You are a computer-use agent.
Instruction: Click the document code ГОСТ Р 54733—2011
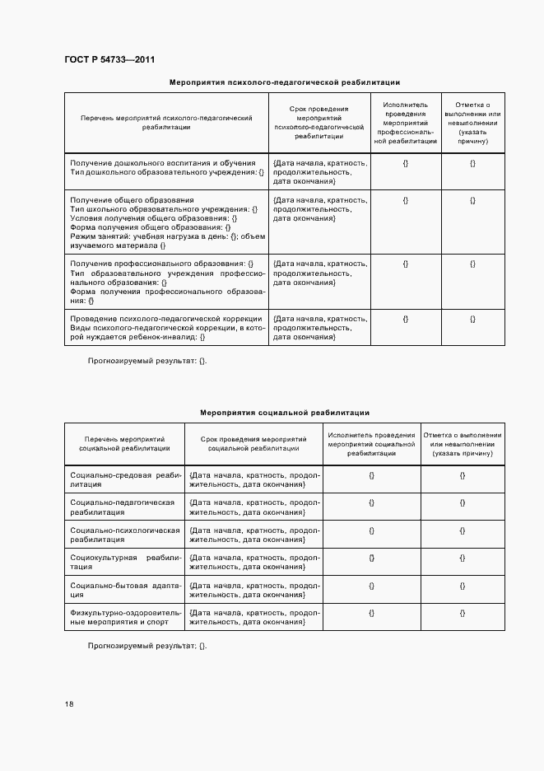point(109,60)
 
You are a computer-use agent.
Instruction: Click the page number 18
point(69,703)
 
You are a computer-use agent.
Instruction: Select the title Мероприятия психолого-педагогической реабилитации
point(284,82)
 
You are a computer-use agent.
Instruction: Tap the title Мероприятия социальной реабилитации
point(284,412)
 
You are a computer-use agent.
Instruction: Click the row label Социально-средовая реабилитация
point(125,480)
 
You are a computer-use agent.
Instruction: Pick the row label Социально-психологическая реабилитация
point(125,535)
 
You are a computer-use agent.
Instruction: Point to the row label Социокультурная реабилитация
point(125,563)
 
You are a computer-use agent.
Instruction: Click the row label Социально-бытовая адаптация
point(125,591)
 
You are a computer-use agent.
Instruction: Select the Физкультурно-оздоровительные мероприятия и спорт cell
point(125,618)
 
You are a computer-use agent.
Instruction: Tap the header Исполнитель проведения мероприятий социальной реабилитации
point(371,444)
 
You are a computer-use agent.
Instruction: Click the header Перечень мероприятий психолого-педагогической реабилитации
point(166,123)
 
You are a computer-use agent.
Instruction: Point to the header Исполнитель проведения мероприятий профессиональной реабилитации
point(406,123)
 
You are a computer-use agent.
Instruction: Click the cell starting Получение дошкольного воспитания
point(167,167)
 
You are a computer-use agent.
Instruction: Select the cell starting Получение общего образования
point(167,222)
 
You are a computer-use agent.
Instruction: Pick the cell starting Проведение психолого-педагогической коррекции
point(167,328)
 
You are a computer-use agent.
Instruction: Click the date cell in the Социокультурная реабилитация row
point(254,563)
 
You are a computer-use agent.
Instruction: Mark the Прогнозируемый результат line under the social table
point(148,646)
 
